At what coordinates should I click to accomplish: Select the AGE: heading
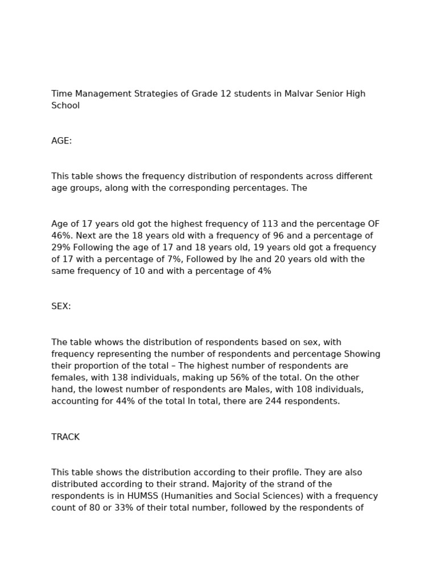[x=61, y=141]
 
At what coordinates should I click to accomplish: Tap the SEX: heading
[x=61, y=306]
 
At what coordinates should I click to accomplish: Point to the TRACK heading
[x=65, y=437]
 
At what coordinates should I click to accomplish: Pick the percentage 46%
[x=61, y=236]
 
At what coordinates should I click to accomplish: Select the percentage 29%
[x=61, y=248]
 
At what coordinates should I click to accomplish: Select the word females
[x=67, y=377]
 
